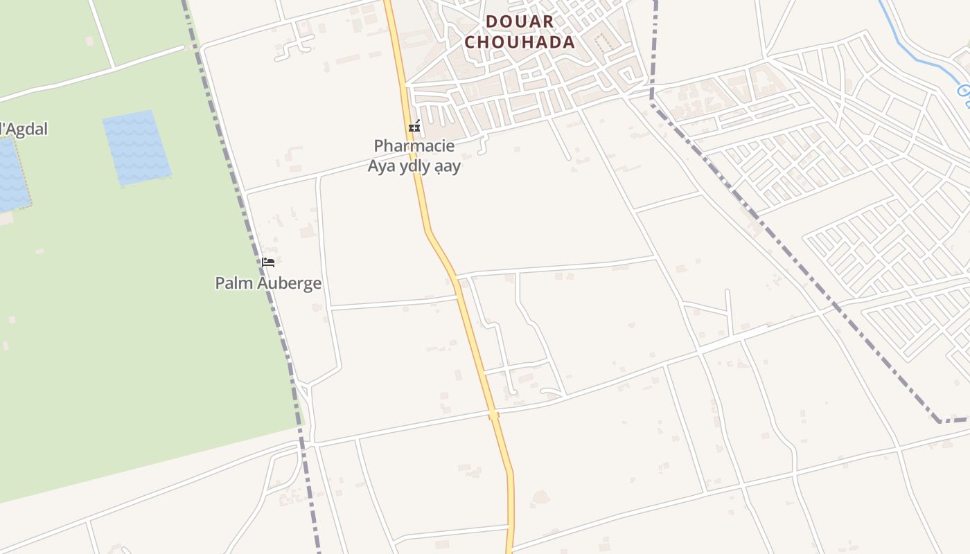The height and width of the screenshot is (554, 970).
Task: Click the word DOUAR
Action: pyautogui.click(x=520, y=21)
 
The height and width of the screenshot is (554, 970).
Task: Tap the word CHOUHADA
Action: pyautogui.click(x=520, y=42)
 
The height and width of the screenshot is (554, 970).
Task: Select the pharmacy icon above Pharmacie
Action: pyautogui.click(x=414, y=126)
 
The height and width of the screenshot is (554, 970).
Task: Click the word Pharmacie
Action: pyautogui.click(x=414, y=145)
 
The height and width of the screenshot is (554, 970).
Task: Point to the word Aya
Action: pyautogui.click(x=382, y=166)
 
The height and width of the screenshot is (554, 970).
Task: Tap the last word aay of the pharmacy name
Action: pyautogui.click(x=447, y=166)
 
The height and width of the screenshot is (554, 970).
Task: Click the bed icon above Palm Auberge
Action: pyautogui.click(x=268, y=262)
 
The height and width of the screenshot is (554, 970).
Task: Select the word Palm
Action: pyautogui.click(x=233, y=283)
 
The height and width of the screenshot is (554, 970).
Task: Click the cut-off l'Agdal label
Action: pyautogui.click(x=24, y=129)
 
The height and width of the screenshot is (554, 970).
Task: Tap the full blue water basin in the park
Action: pyautogui.click(x=136, y=147)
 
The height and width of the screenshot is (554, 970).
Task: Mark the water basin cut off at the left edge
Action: pyautogui.click(x=12, y=175)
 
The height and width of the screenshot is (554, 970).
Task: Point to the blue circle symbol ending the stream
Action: pyautogui.click(x=964, y=91)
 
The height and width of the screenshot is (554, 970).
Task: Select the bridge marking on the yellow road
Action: pyautogui.click(x=493, y=414)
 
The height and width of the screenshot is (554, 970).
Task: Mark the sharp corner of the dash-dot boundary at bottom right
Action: pyautogui.click(x=940, y=420)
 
